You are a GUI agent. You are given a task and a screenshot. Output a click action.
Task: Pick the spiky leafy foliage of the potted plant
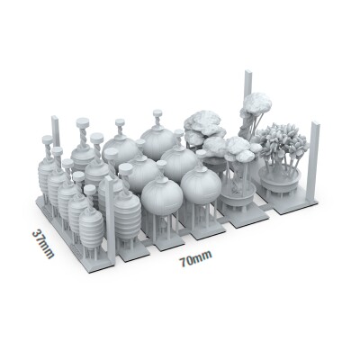coord(283,144)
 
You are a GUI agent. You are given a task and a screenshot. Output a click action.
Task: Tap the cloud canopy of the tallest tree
coord(256,103)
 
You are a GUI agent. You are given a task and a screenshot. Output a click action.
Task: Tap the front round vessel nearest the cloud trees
coord(200,188)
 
